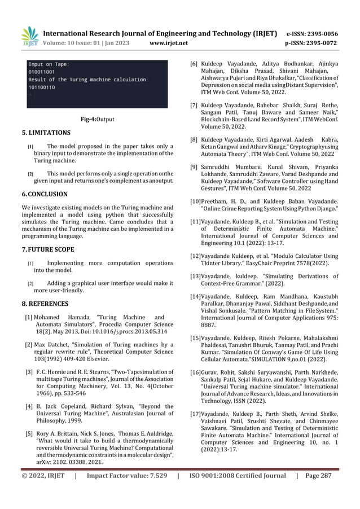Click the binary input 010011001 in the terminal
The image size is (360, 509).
pos(44,72)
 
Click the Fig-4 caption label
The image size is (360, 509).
pos(89,120)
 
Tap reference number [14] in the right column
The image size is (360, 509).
pos(195,297)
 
